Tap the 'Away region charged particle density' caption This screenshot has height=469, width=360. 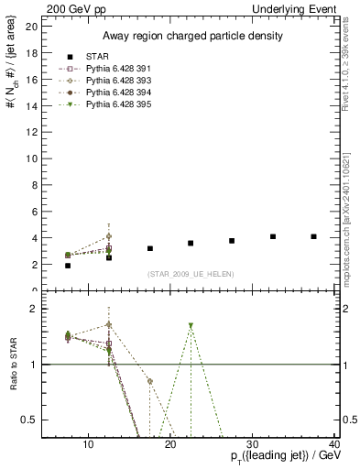[191, 36]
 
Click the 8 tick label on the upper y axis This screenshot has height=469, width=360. [34, 185]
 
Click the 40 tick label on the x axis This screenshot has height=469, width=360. [334, 445]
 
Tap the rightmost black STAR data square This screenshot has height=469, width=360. [313, 236]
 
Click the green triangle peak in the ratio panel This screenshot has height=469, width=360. [191, 325]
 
